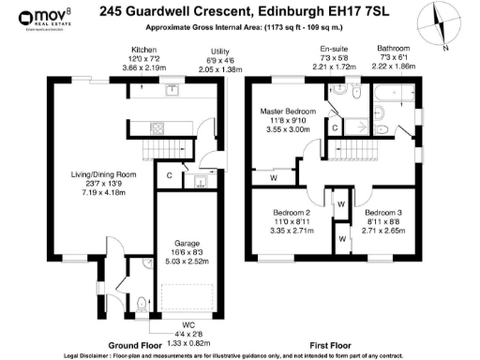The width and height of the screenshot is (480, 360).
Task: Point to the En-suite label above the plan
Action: pyautogui.click(x=334, y=47)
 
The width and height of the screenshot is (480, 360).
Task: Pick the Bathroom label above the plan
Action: pyautogui.click(x=394, y=47)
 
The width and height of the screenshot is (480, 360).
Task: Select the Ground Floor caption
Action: pyautogui.click(x=117, y=343)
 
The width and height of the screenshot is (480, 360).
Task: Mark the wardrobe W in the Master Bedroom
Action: pyautogui.click(x=273, y=176)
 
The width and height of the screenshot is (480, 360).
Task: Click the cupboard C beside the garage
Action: pyautogui.click(x=170, y=175)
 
